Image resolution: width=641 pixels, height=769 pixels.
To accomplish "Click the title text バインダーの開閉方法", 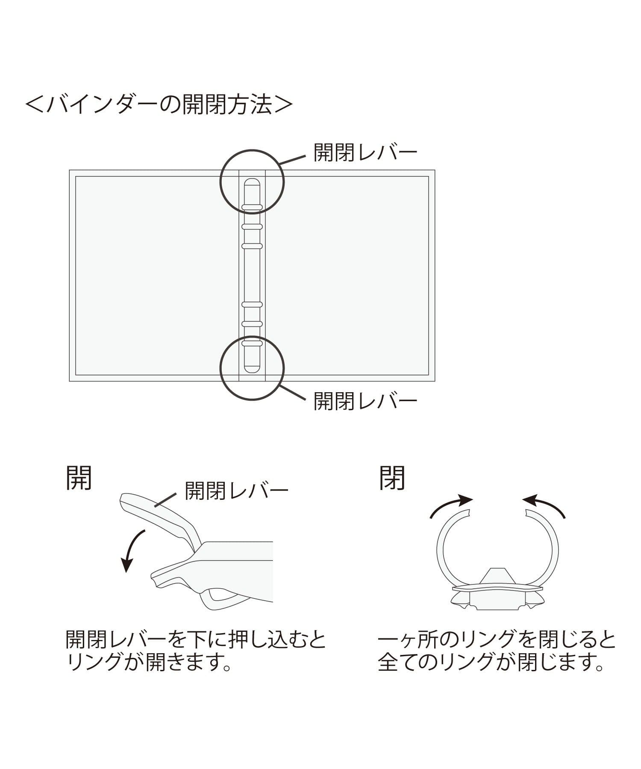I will tap(159, 104).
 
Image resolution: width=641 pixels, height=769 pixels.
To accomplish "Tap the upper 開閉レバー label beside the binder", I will tap(365, 153).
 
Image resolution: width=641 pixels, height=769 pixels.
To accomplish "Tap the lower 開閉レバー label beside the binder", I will tap(365, 401).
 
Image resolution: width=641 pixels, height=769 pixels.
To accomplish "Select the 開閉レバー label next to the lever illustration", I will tap(236, 491).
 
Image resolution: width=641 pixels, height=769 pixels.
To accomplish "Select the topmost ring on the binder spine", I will tap(252, 208).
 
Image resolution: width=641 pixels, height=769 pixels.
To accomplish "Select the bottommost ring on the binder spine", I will tap(252, 343).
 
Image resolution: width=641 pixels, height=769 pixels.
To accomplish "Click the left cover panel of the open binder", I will tap(156, 276).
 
